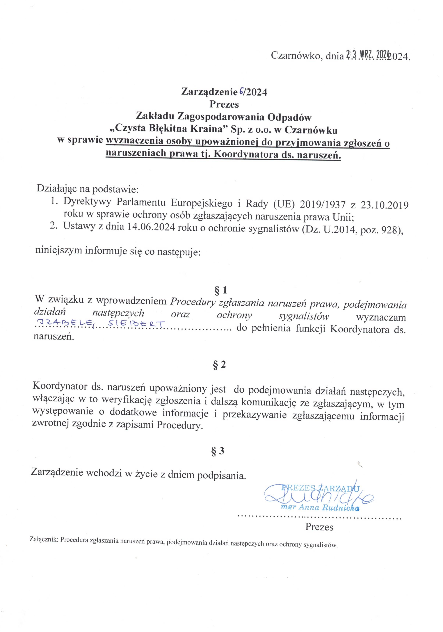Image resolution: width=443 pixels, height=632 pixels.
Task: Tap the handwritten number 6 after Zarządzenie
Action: (241, 92)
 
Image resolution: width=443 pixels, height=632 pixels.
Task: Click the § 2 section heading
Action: (219, 364)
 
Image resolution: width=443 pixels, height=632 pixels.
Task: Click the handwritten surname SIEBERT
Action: (136, 324)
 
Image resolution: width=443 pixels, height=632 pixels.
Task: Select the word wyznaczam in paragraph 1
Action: (381, 317)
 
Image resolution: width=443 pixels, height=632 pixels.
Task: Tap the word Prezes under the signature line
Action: (319, 527)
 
